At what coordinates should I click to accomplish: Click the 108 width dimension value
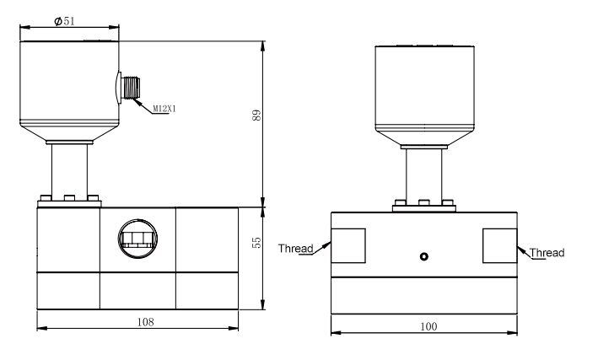[137, 321]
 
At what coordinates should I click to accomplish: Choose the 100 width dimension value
[424, 325]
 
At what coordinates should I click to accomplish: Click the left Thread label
[295, 247]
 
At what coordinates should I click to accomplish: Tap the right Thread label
[547, 252]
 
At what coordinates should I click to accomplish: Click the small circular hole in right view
[424, 256]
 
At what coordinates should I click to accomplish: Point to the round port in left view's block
[137, 236]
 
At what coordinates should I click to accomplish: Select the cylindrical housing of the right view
[424, 84]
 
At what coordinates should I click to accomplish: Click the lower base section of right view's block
[424, 294]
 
